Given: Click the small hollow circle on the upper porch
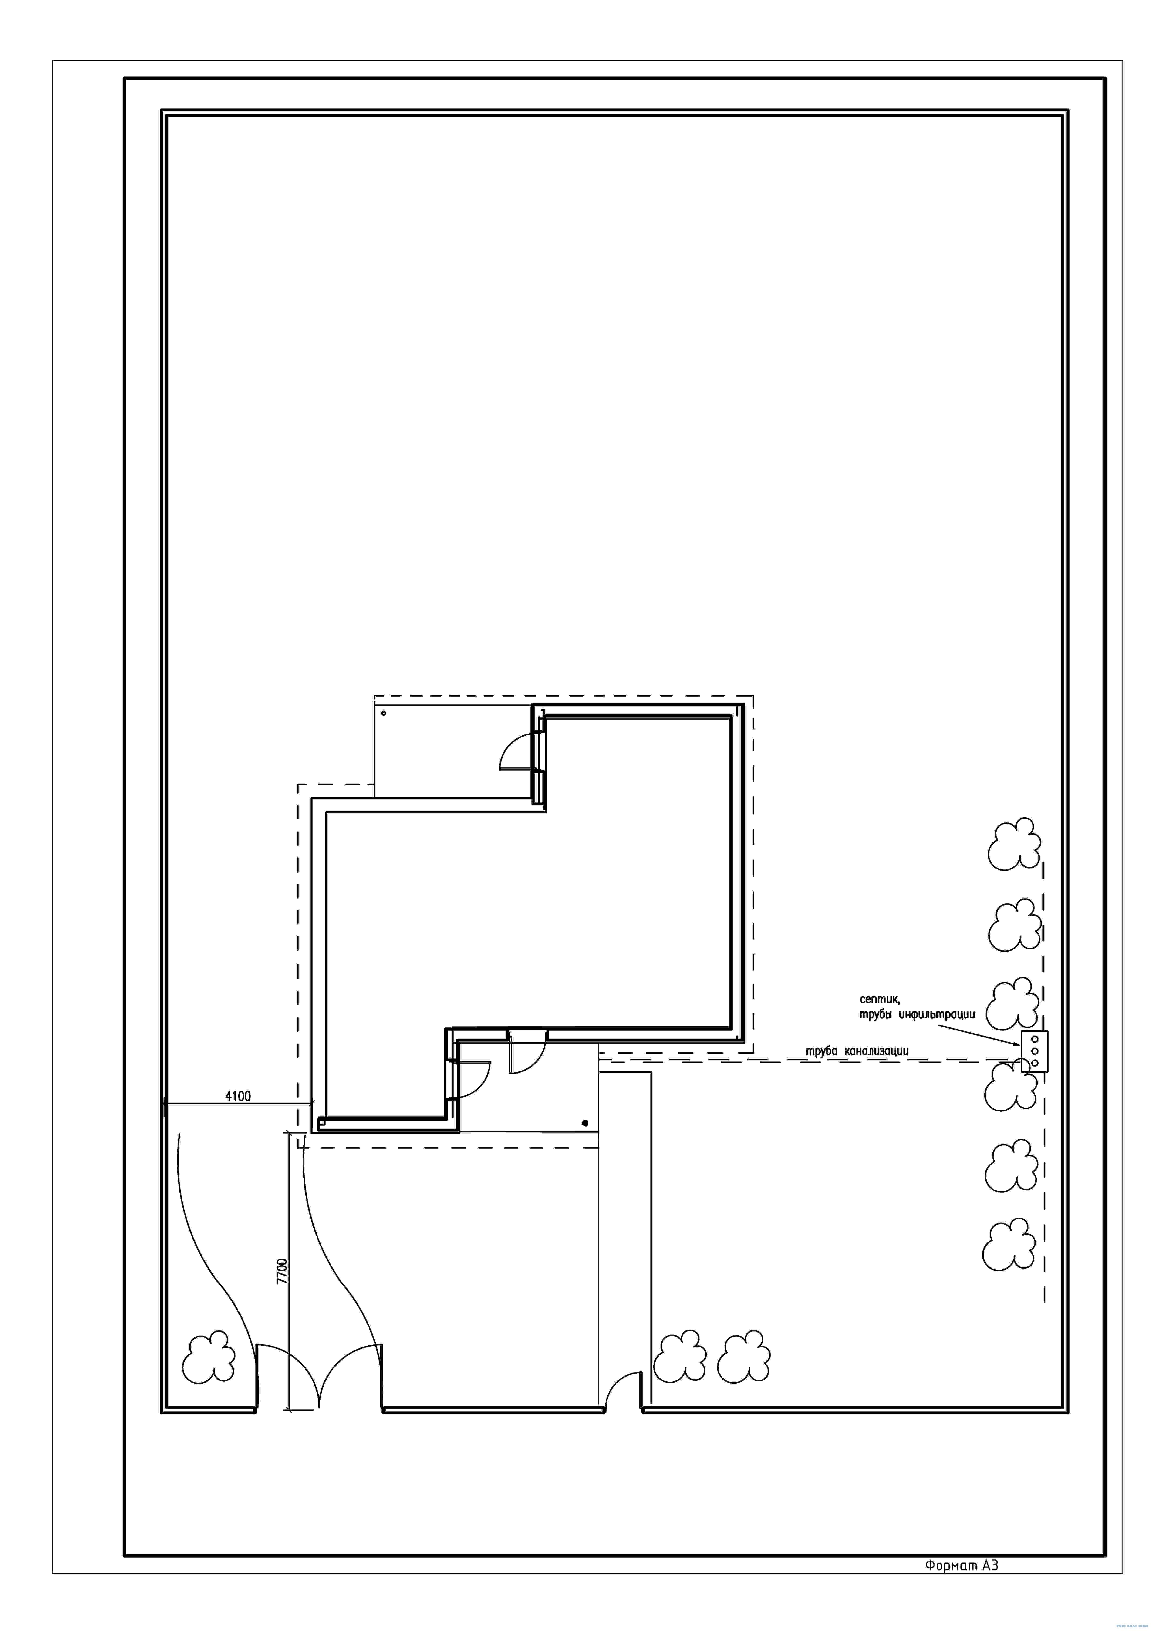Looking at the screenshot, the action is coord(384,713).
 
